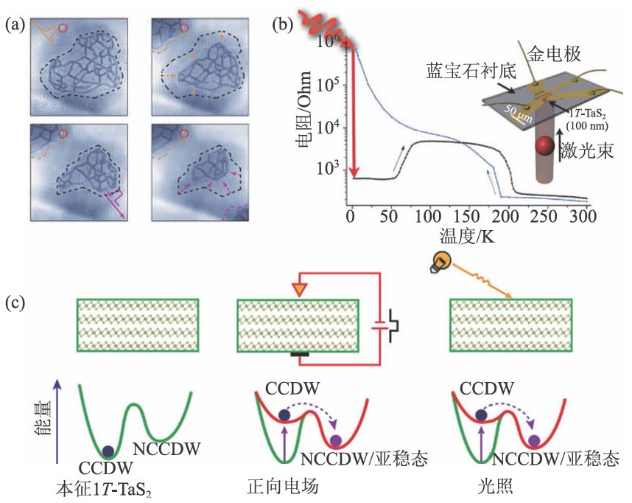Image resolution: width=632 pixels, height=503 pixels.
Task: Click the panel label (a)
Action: click(x=15, y=25)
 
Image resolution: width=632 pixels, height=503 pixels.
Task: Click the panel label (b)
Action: click(x=283, y=25)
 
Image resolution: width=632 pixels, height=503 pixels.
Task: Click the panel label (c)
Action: click(x=15, y=302)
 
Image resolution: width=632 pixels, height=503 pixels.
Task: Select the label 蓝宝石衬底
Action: click(x=462, y=72)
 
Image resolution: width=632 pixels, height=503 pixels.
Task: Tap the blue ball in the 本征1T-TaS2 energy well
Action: click(x=109, y=451)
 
